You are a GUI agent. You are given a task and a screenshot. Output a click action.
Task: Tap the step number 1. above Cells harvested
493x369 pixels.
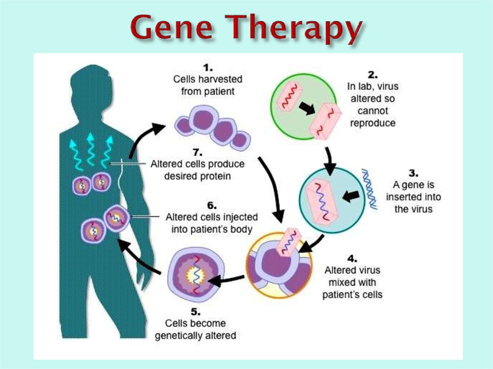click(208, 68)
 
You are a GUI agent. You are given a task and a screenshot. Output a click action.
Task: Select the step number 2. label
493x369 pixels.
click(373, 75)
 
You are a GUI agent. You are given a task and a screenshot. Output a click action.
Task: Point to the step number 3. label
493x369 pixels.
click(413, 173)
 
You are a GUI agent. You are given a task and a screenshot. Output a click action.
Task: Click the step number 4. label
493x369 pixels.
click(352, 259)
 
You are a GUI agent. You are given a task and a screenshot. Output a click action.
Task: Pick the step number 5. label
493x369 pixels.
click(195, 312)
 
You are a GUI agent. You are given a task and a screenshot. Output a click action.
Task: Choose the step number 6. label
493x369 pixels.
click(212, 205)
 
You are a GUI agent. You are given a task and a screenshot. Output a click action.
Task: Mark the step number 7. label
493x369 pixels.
click(197, 153)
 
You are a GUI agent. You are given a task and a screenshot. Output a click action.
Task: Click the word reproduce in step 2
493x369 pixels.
click(373, 123)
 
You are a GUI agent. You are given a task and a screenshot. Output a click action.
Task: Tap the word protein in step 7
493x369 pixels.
click(214, 177)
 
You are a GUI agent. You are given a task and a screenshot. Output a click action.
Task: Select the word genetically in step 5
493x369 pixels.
click(176, 336)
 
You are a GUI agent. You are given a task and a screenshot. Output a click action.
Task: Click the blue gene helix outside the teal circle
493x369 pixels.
click(369, 189)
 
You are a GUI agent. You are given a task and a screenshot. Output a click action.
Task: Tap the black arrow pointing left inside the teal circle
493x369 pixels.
click(350, 196)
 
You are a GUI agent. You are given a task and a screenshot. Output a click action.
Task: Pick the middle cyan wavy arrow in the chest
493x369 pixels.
click(91, 149)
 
